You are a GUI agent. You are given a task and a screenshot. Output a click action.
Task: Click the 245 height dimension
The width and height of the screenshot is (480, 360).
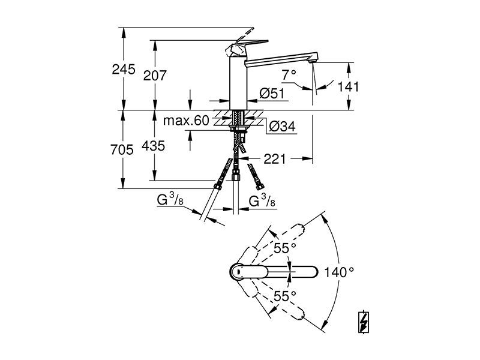pos(124,70)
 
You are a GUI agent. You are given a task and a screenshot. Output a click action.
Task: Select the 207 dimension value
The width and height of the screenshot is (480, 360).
pos(155,76)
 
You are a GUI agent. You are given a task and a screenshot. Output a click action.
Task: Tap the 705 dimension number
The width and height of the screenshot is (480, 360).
pos(122,149)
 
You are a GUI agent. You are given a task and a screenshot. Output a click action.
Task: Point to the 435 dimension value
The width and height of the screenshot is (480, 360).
pos(154,146)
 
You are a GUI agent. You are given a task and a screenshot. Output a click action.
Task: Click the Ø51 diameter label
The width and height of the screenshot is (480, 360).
pos(272,94)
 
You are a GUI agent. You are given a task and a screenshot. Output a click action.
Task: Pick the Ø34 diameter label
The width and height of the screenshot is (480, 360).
pos(283,126)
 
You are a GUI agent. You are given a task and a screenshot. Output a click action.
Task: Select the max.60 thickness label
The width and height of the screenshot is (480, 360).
pos(186,121)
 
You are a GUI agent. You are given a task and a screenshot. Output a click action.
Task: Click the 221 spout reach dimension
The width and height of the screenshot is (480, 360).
pos(275,159)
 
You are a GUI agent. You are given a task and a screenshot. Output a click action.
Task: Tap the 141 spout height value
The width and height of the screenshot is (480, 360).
pos(348,86)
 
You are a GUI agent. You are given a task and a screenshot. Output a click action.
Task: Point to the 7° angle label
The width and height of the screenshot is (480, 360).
pos(289,74)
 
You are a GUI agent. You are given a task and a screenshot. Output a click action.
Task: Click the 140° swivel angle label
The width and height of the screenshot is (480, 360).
pos(339,272)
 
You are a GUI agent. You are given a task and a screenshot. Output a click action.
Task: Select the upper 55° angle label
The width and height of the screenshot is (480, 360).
pos(285,248)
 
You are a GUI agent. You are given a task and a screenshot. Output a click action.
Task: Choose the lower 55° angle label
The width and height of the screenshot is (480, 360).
pos(285,296)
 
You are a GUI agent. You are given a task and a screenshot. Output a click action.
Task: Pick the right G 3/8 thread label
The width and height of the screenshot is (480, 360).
pos(262,201)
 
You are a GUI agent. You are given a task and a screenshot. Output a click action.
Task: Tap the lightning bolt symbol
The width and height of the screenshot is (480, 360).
pos(364,322)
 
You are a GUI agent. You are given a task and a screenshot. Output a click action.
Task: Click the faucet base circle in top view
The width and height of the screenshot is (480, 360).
pos(237,272)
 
